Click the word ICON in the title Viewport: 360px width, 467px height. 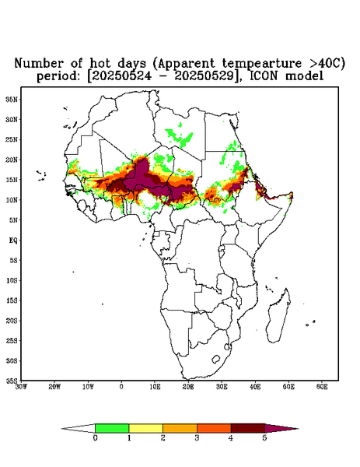[265, 75]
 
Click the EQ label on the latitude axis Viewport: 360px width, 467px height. [13, 240]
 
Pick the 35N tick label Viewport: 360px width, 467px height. [12, 100]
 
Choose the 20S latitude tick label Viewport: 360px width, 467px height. [12, 321]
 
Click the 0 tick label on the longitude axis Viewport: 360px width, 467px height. [121, 387]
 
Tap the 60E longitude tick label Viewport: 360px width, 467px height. [322, 387]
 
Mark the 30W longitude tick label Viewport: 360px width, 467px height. [22, 387]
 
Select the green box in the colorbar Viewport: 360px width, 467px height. [112, 428]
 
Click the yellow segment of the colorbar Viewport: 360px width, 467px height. [145, 428]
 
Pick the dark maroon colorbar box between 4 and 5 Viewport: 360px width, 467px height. [248, 428]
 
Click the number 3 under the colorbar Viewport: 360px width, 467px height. [197, 438]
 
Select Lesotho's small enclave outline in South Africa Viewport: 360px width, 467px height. [216, 359]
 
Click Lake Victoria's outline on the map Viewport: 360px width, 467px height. [221, 248]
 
